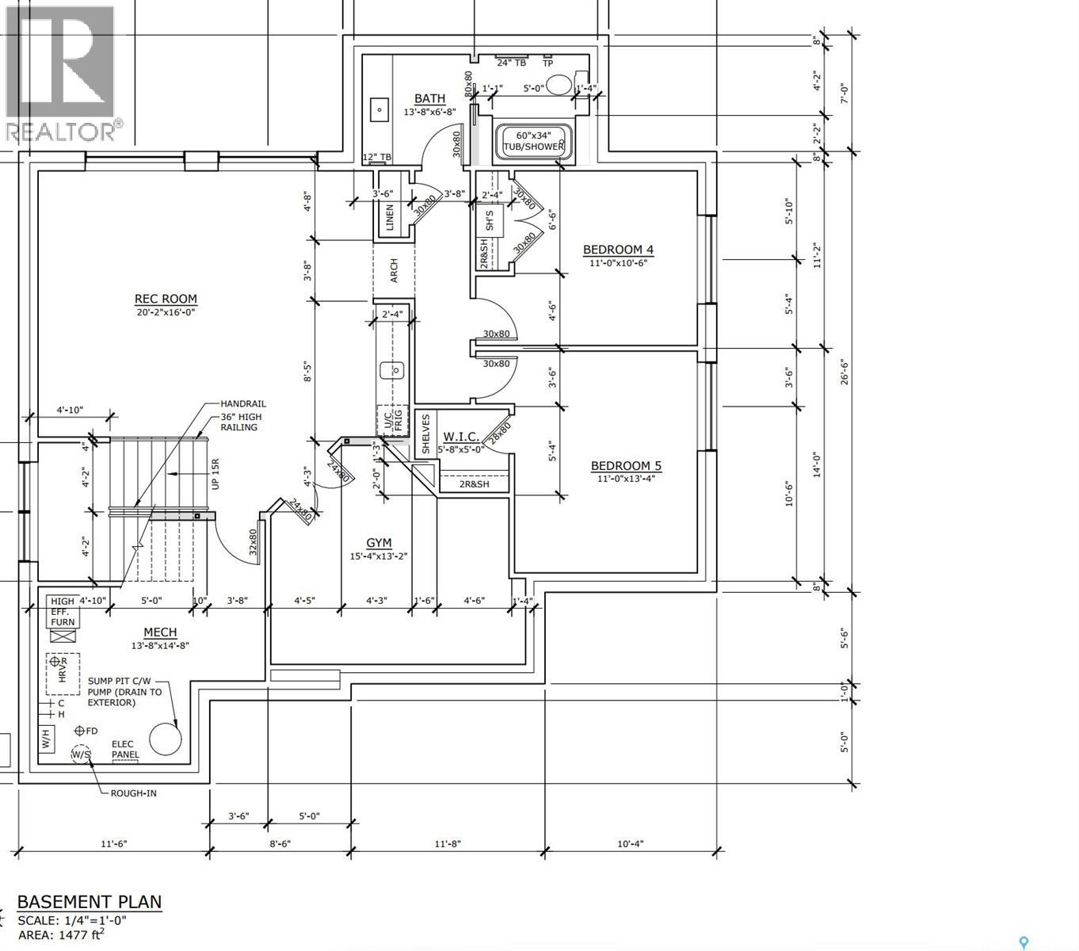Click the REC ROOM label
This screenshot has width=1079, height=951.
tap(166, 300)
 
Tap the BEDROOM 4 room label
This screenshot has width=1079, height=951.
tap(618, 250)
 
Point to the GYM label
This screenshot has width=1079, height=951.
tap(379, 543)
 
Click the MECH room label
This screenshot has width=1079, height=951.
tap(160, 632)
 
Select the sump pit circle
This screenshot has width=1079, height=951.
tap(166, 739)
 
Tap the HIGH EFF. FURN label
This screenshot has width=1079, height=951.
tap(63, 611)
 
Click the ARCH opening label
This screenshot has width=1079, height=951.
tap(394, 270)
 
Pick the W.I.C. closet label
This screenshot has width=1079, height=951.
tap(460, 437)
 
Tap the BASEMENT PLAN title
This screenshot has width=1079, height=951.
tap(90, 902)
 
